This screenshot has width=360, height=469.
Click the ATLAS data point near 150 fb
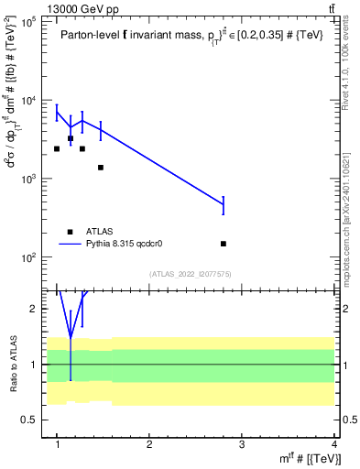point(224,244)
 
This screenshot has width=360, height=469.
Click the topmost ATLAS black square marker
point(71,138)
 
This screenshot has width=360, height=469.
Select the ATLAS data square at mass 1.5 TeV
point(101,168)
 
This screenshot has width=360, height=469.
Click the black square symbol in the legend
point(71,232)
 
